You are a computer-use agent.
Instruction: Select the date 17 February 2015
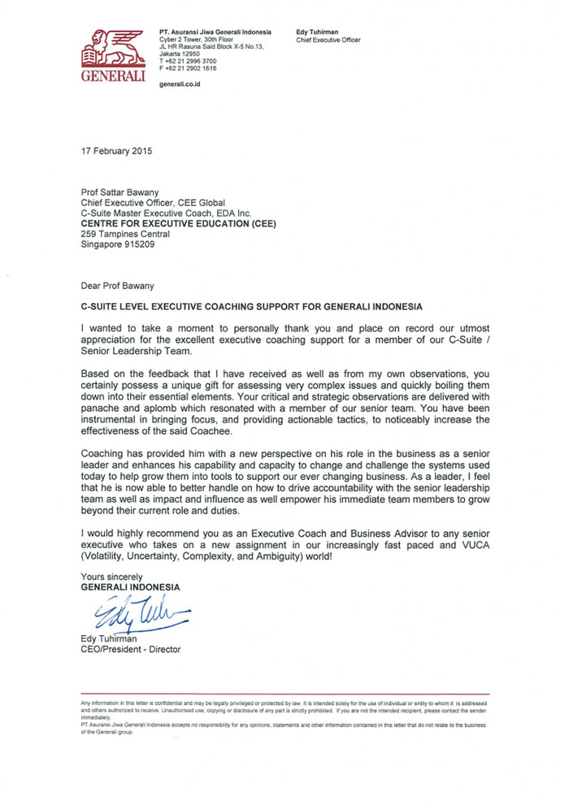pyautogui.click(x=116, y=152)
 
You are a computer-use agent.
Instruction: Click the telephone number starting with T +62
pyautogui.click(x=189, y=62)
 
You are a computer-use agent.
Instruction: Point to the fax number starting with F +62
pyautogui.click(x=189, y=69)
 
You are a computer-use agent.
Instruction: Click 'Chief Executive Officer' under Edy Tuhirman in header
pyautogui.click(x=328, y=39)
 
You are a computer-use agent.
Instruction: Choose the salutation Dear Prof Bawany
pyautogui.click(x=119, y=286)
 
